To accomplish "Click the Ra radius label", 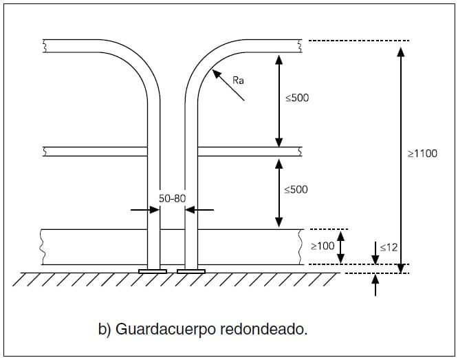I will click(x=238, y=81).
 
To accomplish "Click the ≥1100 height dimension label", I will click(x=422, y=154).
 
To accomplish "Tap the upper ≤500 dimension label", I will click(x=297, y=98).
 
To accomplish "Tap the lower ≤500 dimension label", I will click(x=296, y=189).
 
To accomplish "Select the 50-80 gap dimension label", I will click(x=172, y=198).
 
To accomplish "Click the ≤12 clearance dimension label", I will click(x=389, y=246).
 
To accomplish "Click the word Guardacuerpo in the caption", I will click(x=162, y=329).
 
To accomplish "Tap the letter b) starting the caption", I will click(x=105, y=329).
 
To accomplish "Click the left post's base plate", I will click(x=153, y=271).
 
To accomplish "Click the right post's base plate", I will click(x=191, y=271).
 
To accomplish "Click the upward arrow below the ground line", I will click(x=375, y=284).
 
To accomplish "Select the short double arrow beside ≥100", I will click(x=340, y=246).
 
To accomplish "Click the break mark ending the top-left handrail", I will click(x=45, y=46).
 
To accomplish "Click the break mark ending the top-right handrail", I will click(x=300, y=46).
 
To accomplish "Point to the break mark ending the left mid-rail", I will click(x=45, y=151).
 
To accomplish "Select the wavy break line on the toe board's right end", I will click(x=301, y=246).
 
